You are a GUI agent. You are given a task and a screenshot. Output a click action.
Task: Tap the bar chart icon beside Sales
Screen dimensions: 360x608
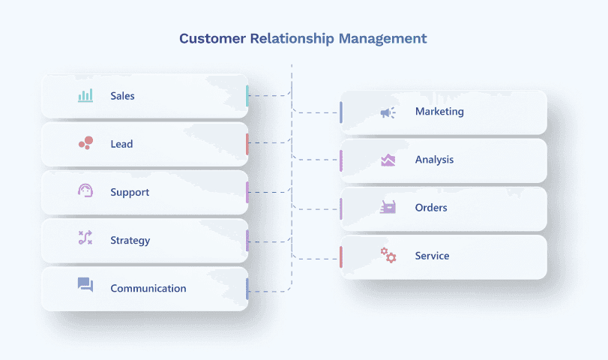[85, 96]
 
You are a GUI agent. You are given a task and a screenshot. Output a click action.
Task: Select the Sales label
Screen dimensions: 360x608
[122, 96]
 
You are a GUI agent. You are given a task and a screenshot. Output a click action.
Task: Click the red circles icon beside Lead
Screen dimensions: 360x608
[85, 142]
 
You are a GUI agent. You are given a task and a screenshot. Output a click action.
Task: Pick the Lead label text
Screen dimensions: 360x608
[121, 144]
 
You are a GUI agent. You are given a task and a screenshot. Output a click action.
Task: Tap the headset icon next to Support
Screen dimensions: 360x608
[85, 191]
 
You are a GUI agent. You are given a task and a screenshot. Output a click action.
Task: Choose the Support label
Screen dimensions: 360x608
[130, 193]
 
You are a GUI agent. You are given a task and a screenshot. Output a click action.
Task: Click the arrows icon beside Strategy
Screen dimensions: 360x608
[85, 238]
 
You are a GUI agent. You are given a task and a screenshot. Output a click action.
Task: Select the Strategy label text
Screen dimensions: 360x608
[130, 241]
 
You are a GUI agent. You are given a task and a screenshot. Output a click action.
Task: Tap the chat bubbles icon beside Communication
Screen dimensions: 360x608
[85, 285]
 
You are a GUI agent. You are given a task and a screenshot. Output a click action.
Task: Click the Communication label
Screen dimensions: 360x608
[148, 289]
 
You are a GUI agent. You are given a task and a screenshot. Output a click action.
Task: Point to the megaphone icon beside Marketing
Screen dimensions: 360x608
[388, 112]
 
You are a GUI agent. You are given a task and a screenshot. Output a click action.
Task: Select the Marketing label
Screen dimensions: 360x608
[439, 112]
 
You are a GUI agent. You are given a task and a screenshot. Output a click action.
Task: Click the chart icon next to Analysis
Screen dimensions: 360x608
[388, 160]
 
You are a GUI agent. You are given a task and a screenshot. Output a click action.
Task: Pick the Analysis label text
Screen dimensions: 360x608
[434, 160]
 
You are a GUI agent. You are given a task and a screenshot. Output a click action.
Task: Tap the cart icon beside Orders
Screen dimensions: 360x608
[388, 207]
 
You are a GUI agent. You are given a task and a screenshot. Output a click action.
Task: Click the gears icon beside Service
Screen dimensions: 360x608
[388, 255]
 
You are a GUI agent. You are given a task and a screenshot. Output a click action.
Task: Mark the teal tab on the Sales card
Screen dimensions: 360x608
[247, 95]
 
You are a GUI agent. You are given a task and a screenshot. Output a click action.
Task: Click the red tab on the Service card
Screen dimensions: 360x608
[340, 256]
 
